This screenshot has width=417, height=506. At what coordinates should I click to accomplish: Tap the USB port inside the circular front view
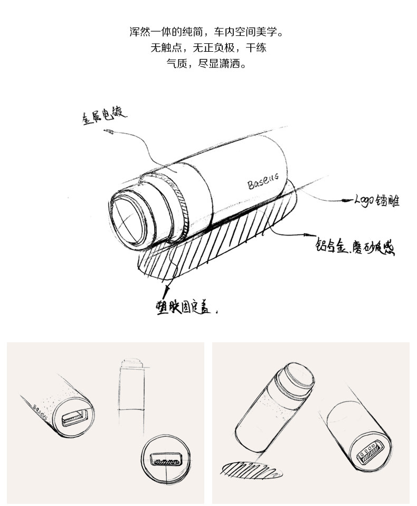click(x=166, y=458)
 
